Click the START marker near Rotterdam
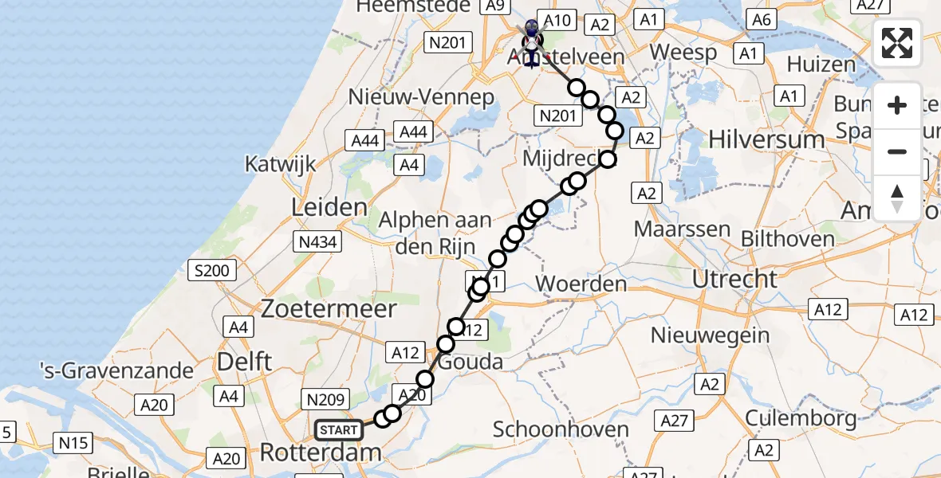coord(339,430)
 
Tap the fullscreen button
coord(897,43)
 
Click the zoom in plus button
coord(897,106)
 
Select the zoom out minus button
coord(897,151)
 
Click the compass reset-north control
coord(897,198)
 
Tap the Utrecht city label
coord(734,279)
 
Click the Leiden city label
coord(329,208)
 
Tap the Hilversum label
coord(766,139)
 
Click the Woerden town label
coord(581,284)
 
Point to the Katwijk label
coord(280,165)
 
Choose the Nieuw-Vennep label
coord(422,97)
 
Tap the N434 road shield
coord(317,240)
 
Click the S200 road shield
coord(211,270)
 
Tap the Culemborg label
coord(801,417)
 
